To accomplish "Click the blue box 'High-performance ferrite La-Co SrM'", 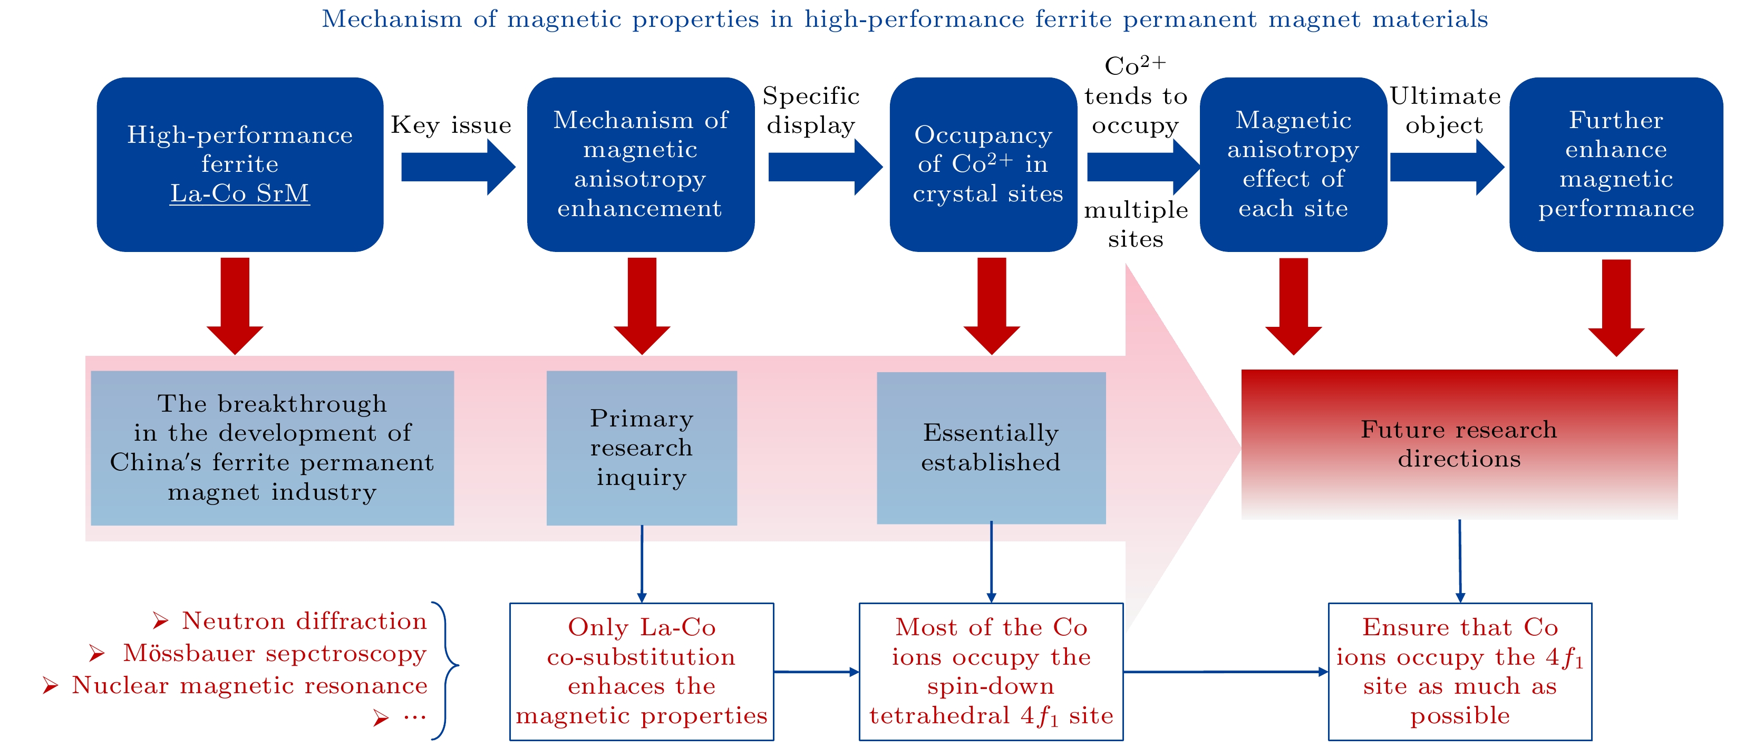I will pos(240,164).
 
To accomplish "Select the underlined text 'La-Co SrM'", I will pos(240,194).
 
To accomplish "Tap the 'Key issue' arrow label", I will pos(451,125).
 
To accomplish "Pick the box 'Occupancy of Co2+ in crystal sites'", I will pos(983,164).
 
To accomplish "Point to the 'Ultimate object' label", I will pos(1445,110).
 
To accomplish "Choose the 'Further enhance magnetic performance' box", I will pos(1615,164).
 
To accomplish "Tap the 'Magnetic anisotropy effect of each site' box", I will pos(1293,164).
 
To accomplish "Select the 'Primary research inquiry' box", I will pos(642,448).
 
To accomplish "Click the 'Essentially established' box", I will pos(991,448).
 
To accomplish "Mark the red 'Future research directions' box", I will pos(1459,444).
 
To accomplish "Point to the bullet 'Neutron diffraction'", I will pos(303,621).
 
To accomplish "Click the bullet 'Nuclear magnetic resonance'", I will pos(249,685).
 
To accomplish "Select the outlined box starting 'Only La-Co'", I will pos(642,671).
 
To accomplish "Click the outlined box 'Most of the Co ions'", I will pos(991,671).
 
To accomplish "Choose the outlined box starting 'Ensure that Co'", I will pos(1459,671).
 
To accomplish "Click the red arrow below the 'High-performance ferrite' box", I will pos(235,305).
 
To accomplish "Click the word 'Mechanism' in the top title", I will pos(392,19).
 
